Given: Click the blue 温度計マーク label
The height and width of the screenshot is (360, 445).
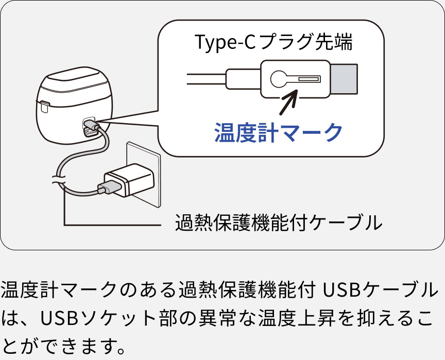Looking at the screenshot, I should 278,132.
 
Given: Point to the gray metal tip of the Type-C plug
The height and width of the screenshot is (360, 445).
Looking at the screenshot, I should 344,79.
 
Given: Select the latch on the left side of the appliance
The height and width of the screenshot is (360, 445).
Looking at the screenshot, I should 44,107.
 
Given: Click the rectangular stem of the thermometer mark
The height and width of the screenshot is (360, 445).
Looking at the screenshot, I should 307,79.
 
